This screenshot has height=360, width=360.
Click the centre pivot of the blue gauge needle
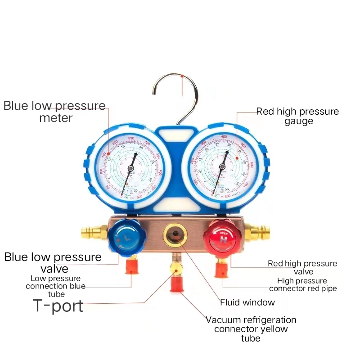pyautogui.click(x=130, y=168)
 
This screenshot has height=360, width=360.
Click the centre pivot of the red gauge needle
pyautogui.click(x=222, y=167)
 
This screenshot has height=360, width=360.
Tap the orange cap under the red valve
pyautogui.click(x=220, y=270)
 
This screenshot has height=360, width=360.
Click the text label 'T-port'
pyautogui.click(x=58, y=306)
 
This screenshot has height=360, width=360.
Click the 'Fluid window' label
pyautogui.click(x=247, y=302)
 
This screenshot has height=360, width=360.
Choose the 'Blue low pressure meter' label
pyautogui.click(x=54, y=112)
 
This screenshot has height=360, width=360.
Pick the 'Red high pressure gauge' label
pyautogui.click(x=297, y=116)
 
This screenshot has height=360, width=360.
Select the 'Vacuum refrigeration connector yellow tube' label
pyautogui.click(x=251, y=328)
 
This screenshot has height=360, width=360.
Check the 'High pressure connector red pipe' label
pyautogui.click(x=302, y=284)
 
